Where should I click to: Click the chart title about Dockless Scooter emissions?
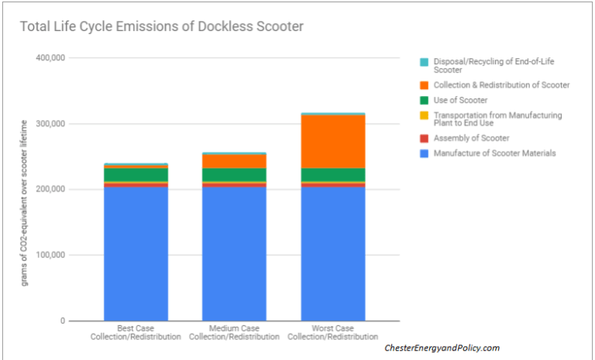click(161, 27)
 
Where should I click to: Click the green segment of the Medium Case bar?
click(234, 175)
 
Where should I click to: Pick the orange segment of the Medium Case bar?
click(234, 161)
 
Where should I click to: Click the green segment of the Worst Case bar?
click(333, 175)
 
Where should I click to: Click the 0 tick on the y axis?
click(63, 321)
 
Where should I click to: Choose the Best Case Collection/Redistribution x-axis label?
click(136, 333)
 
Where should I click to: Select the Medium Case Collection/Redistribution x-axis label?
click(234, 333)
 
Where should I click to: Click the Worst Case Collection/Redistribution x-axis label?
click(333, 333)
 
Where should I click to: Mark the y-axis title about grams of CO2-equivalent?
click(25, 203)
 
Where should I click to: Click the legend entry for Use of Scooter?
click(460, 100)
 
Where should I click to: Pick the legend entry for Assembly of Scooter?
click(471, 138)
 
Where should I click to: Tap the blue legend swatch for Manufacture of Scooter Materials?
click(424, 153)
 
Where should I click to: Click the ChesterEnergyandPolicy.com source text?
click(442, 348)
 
